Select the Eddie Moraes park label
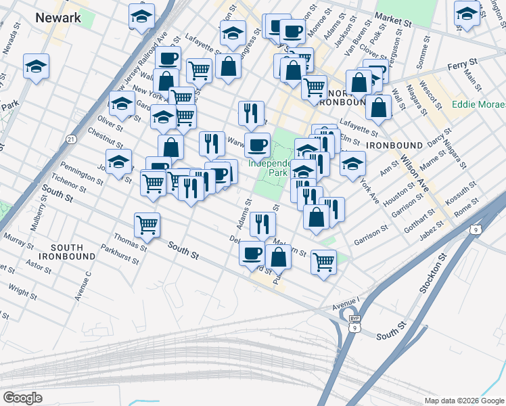pyautogui.click(x=478, y=106)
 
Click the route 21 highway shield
pyautogui.click(x=71, y=139)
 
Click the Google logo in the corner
pyautogui.click(x=22, y=397)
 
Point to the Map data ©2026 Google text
pyautogui.click(x=463, y=401)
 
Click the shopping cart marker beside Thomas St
pyautogui.click(x=147, y=225)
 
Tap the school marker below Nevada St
pyautogui.click(x=36, y=66)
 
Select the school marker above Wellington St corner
pyautogui.click(x=467, y=12)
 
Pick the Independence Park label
pyautogui.click(x=269, y=168)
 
